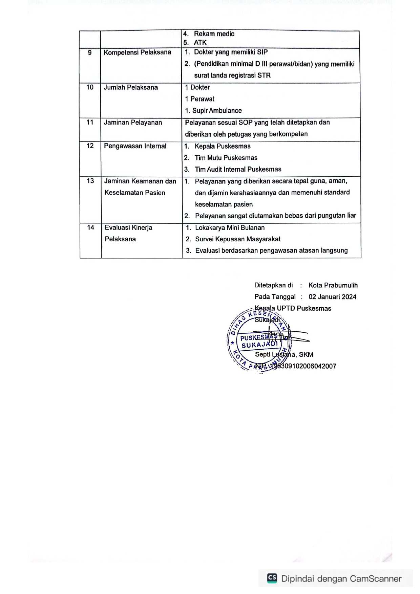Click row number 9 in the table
pos(90,53)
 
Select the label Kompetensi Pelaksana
pos(137,52)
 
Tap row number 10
pos(90,87)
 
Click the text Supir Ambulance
pos(217,111)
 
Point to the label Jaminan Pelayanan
pos(133,123)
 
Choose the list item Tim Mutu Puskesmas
pos(226,158)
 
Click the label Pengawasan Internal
pos(135,146)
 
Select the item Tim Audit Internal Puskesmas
pos(238,169)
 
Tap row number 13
pos(90,181)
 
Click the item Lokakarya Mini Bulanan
pos(230,228)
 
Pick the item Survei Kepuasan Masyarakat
pos(238,239)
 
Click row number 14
pos(90,228)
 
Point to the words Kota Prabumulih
pos(333,285)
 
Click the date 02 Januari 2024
pos(332,297)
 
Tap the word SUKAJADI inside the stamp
pos(259,345)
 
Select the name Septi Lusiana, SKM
pos(284,355)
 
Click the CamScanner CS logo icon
pos(272,578)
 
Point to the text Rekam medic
pos(214,34)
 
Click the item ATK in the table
pos(200,43)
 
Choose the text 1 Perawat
pos(200,99)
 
